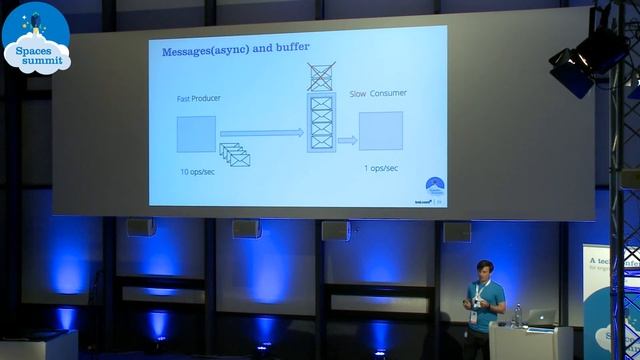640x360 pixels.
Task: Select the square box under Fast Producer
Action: click(x=196, y=134)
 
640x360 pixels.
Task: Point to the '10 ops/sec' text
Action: click(x=196, y=172)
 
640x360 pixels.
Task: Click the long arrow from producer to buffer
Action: click(x=261, y=131)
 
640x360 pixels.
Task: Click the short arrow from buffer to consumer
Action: click(x=347, y=140)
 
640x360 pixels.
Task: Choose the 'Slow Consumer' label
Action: click(x=378, y=94)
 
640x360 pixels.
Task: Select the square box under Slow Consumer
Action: click(x=380, y=131)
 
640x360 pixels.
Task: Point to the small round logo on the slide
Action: click(x=432, y=186)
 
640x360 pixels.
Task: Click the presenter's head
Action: click(x=485, y=270)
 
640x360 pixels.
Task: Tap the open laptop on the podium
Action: click(x=541, y=317)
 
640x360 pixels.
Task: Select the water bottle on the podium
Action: click(x=517, y=315)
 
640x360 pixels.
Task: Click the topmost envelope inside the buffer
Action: click(x=322, y=102)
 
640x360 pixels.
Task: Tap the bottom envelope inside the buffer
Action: click(x=322, y=141)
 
